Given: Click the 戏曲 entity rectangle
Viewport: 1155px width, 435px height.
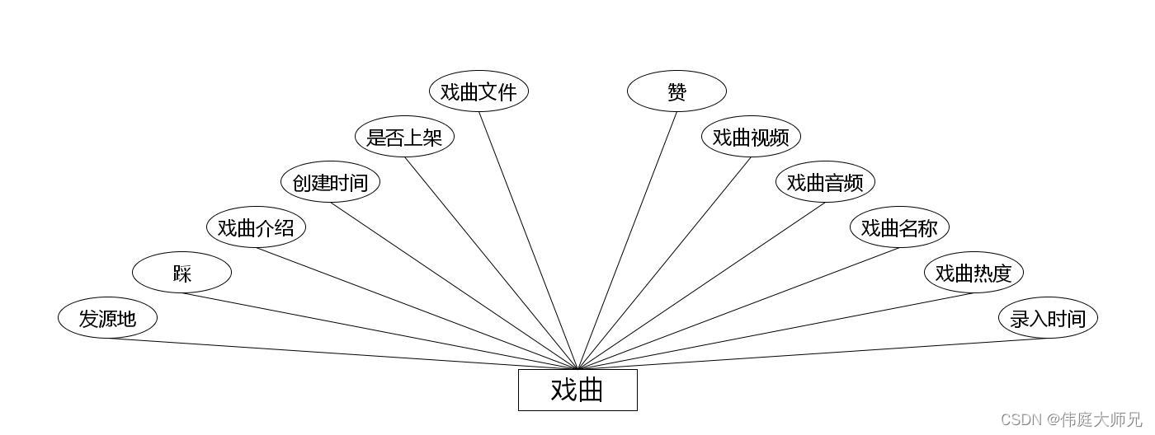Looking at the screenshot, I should coord(577,390).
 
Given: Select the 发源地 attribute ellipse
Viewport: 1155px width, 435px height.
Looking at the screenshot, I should coord(107,317).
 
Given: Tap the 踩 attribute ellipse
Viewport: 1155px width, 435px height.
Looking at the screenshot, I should coord(181,273).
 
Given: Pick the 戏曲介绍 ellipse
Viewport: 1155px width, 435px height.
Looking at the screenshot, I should coord(256,227).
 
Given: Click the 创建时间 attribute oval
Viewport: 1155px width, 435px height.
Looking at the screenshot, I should coord(330,182).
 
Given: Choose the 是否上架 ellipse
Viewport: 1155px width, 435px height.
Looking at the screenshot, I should coord(404,137).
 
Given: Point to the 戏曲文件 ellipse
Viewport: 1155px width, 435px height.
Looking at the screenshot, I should coord(478,91).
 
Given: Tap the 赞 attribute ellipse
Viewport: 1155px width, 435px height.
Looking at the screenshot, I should coord(676,91).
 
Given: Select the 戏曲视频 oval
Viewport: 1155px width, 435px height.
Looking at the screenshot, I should coord(751,137).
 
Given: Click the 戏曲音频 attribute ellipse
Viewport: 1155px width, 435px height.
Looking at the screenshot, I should coord(825,182).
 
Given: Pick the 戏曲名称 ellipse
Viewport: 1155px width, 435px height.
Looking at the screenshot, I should coord(899,227).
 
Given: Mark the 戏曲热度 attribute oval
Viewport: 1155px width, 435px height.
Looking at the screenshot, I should coord(973,273).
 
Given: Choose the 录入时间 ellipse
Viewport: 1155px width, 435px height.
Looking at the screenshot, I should coord(1048,317).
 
